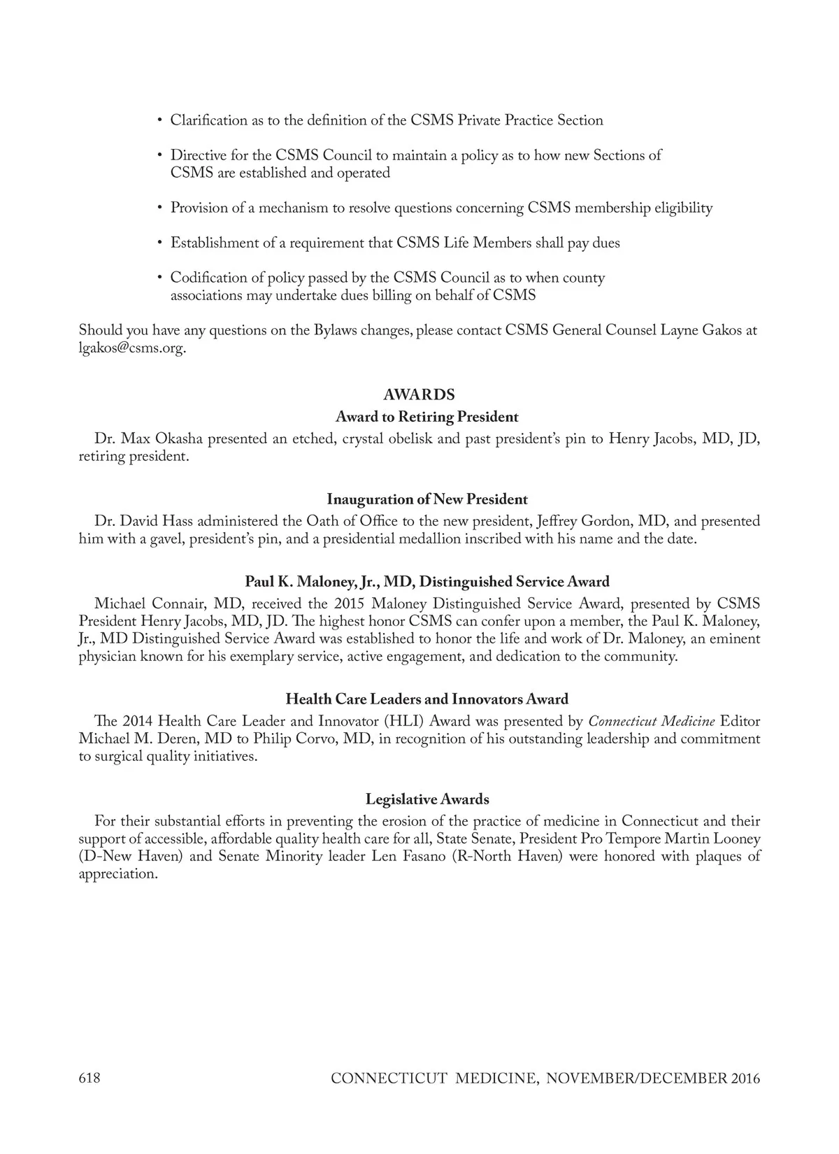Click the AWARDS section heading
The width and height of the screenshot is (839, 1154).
click(x=419, y=395)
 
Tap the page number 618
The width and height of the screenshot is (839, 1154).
click(x=89, y=1078)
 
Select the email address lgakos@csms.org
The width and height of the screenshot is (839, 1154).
click(x=131, y=348)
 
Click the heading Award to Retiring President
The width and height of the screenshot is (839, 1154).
click(x=426, y=417)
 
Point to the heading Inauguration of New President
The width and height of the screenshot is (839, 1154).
click(x=426, y=499)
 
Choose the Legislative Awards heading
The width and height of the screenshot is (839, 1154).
click(x=426, y=799)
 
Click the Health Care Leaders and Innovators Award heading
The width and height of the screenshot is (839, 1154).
click(x=426, y=699)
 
